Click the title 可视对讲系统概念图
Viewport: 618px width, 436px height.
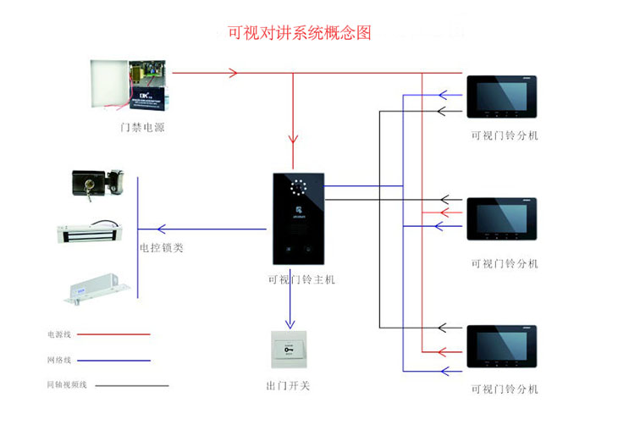point(299,34)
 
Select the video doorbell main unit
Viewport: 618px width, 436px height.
point(299,219)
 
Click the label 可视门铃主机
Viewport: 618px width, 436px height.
point(301,279)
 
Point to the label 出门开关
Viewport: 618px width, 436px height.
point(288,386)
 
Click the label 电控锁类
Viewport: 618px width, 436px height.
point(161,248)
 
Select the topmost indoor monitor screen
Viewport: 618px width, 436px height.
point(502,97)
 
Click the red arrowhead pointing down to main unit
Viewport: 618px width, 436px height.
point(293,139)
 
